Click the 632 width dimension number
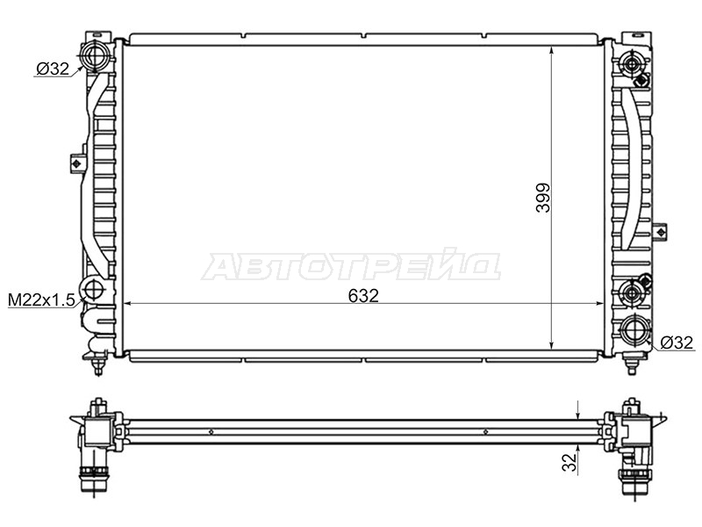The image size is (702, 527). tap(363, 295)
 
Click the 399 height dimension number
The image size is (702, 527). tap(543, 198)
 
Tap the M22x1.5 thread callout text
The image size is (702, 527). tap(41, 300)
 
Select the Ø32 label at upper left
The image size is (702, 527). tap(53, 69)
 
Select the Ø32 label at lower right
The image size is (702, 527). tap(677, 343)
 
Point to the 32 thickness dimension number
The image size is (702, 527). tap(569, 462)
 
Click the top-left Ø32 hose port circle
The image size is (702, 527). tap(94, 55)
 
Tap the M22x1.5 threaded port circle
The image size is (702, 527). tap(93, 290)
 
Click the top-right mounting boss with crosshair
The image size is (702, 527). tap(631, 64)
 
